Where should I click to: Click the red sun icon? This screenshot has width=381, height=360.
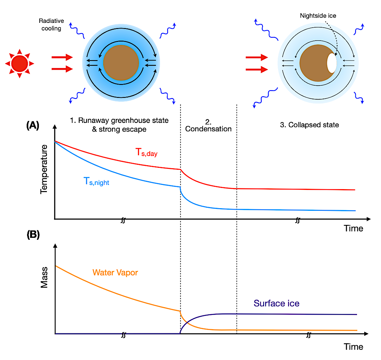coord(20,64)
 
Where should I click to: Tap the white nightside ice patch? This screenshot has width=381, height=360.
coord(332,63)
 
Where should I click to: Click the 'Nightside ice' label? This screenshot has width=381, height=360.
coord(318,16)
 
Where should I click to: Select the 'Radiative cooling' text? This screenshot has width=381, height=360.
coord(51,24)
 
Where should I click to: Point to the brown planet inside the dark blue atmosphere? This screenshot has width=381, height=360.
coord(121,63)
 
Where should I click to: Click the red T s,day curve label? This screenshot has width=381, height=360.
coord(146,152)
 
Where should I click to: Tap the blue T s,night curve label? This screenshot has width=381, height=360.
coord(96,182)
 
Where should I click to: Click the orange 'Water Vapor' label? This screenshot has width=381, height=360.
coord(115,272)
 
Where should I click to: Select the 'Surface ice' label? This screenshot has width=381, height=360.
coord(277,303)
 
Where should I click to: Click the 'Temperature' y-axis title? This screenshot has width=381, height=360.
coord(44,169)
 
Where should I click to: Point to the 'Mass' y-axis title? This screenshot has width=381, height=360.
coord(44,277)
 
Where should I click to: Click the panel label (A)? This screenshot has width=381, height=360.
coord(33,125)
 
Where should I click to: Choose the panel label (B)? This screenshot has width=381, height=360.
coord(33,234)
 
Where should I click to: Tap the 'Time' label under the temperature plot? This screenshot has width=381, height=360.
coord(353,228)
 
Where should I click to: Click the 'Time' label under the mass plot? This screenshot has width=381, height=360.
coord(353,347)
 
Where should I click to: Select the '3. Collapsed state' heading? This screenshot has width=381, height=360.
coord(309,125)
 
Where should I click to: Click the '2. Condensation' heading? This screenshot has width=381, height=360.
coord(208,126)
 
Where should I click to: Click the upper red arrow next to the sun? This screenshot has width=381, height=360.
coord(62,57)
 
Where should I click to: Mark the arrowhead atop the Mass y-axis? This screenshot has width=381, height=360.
coord(55,246)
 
